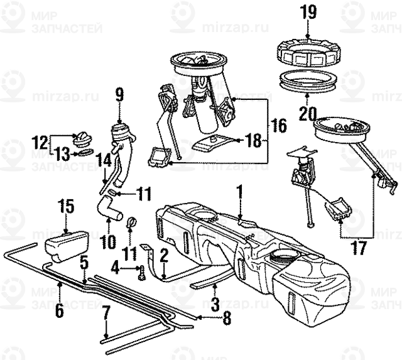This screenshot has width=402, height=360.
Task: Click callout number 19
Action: (x=308, y=11)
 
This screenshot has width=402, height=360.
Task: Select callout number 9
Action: (x=119, y=95)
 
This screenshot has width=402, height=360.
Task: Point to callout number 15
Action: (x=67, y=205)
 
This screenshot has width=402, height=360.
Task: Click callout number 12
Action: (x=40, y=141)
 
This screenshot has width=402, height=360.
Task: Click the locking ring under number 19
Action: (x=308, y=52)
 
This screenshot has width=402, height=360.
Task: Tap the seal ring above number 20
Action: (x=307, y=81)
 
